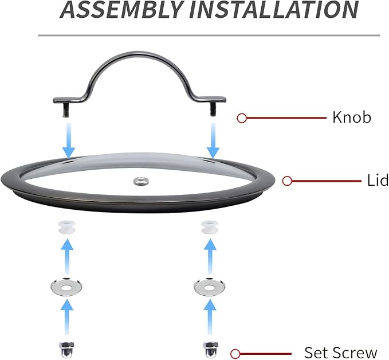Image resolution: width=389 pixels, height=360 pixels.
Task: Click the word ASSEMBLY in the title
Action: tap(121, 9)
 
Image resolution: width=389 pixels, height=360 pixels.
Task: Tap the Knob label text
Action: tap(352, 117)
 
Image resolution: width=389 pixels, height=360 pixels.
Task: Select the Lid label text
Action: tap(378, 180)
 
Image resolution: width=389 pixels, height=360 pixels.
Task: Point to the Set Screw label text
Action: tap(340, 353)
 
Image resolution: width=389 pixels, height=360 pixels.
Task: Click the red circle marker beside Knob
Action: tap(242, 118)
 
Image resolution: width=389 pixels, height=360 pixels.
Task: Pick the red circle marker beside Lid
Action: tap(287, 181)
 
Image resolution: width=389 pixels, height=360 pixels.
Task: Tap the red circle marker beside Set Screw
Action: tap(235, 354)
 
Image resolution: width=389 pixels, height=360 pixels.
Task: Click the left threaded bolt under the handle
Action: tap(65, 109)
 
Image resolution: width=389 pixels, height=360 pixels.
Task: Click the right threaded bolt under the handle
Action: tap(213, 109)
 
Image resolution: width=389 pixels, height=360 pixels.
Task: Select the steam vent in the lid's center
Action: tap(141, 181)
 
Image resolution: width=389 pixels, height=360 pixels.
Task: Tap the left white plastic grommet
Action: tap(66, 227)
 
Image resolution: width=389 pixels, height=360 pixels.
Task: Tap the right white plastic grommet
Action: tap(210, 227)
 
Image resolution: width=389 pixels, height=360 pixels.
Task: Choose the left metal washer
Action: tap(66, 287)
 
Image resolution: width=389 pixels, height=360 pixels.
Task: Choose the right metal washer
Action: tap(209, 287)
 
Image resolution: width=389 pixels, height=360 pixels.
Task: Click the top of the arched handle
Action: tap(139, 53)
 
